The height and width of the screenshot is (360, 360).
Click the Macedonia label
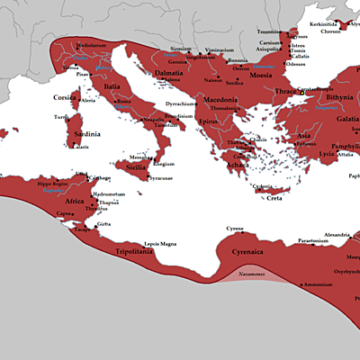click(x=218, y=100)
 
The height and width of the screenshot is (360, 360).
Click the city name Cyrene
click(x=234, y=229)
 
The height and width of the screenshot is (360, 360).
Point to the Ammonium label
click(x=317, y=284)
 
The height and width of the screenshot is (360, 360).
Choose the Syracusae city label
click(x=160, y=178)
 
